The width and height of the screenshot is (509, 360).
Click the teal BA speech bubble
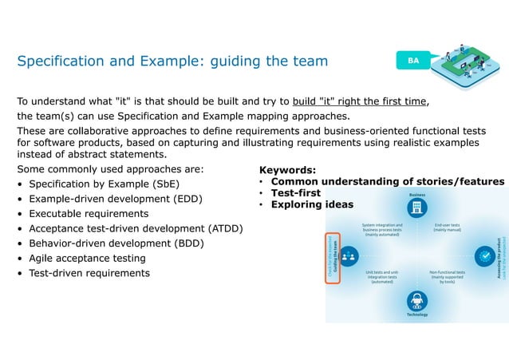pos(412,61)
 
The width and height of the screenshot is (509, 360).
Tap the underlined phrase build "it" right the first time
pos(361,101)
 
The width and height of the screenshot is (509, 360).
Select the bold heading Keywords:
pos(287,170)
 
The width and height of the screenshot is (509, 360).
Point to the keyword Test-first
pos(295,192)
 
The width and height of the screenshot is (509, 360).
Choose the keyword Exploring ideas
pos(312,204)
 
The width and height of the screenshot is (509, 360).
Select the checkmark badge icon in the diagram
pos(483,255)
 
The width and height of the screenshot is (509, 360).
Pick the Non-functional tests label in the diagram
pos(447,276)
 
